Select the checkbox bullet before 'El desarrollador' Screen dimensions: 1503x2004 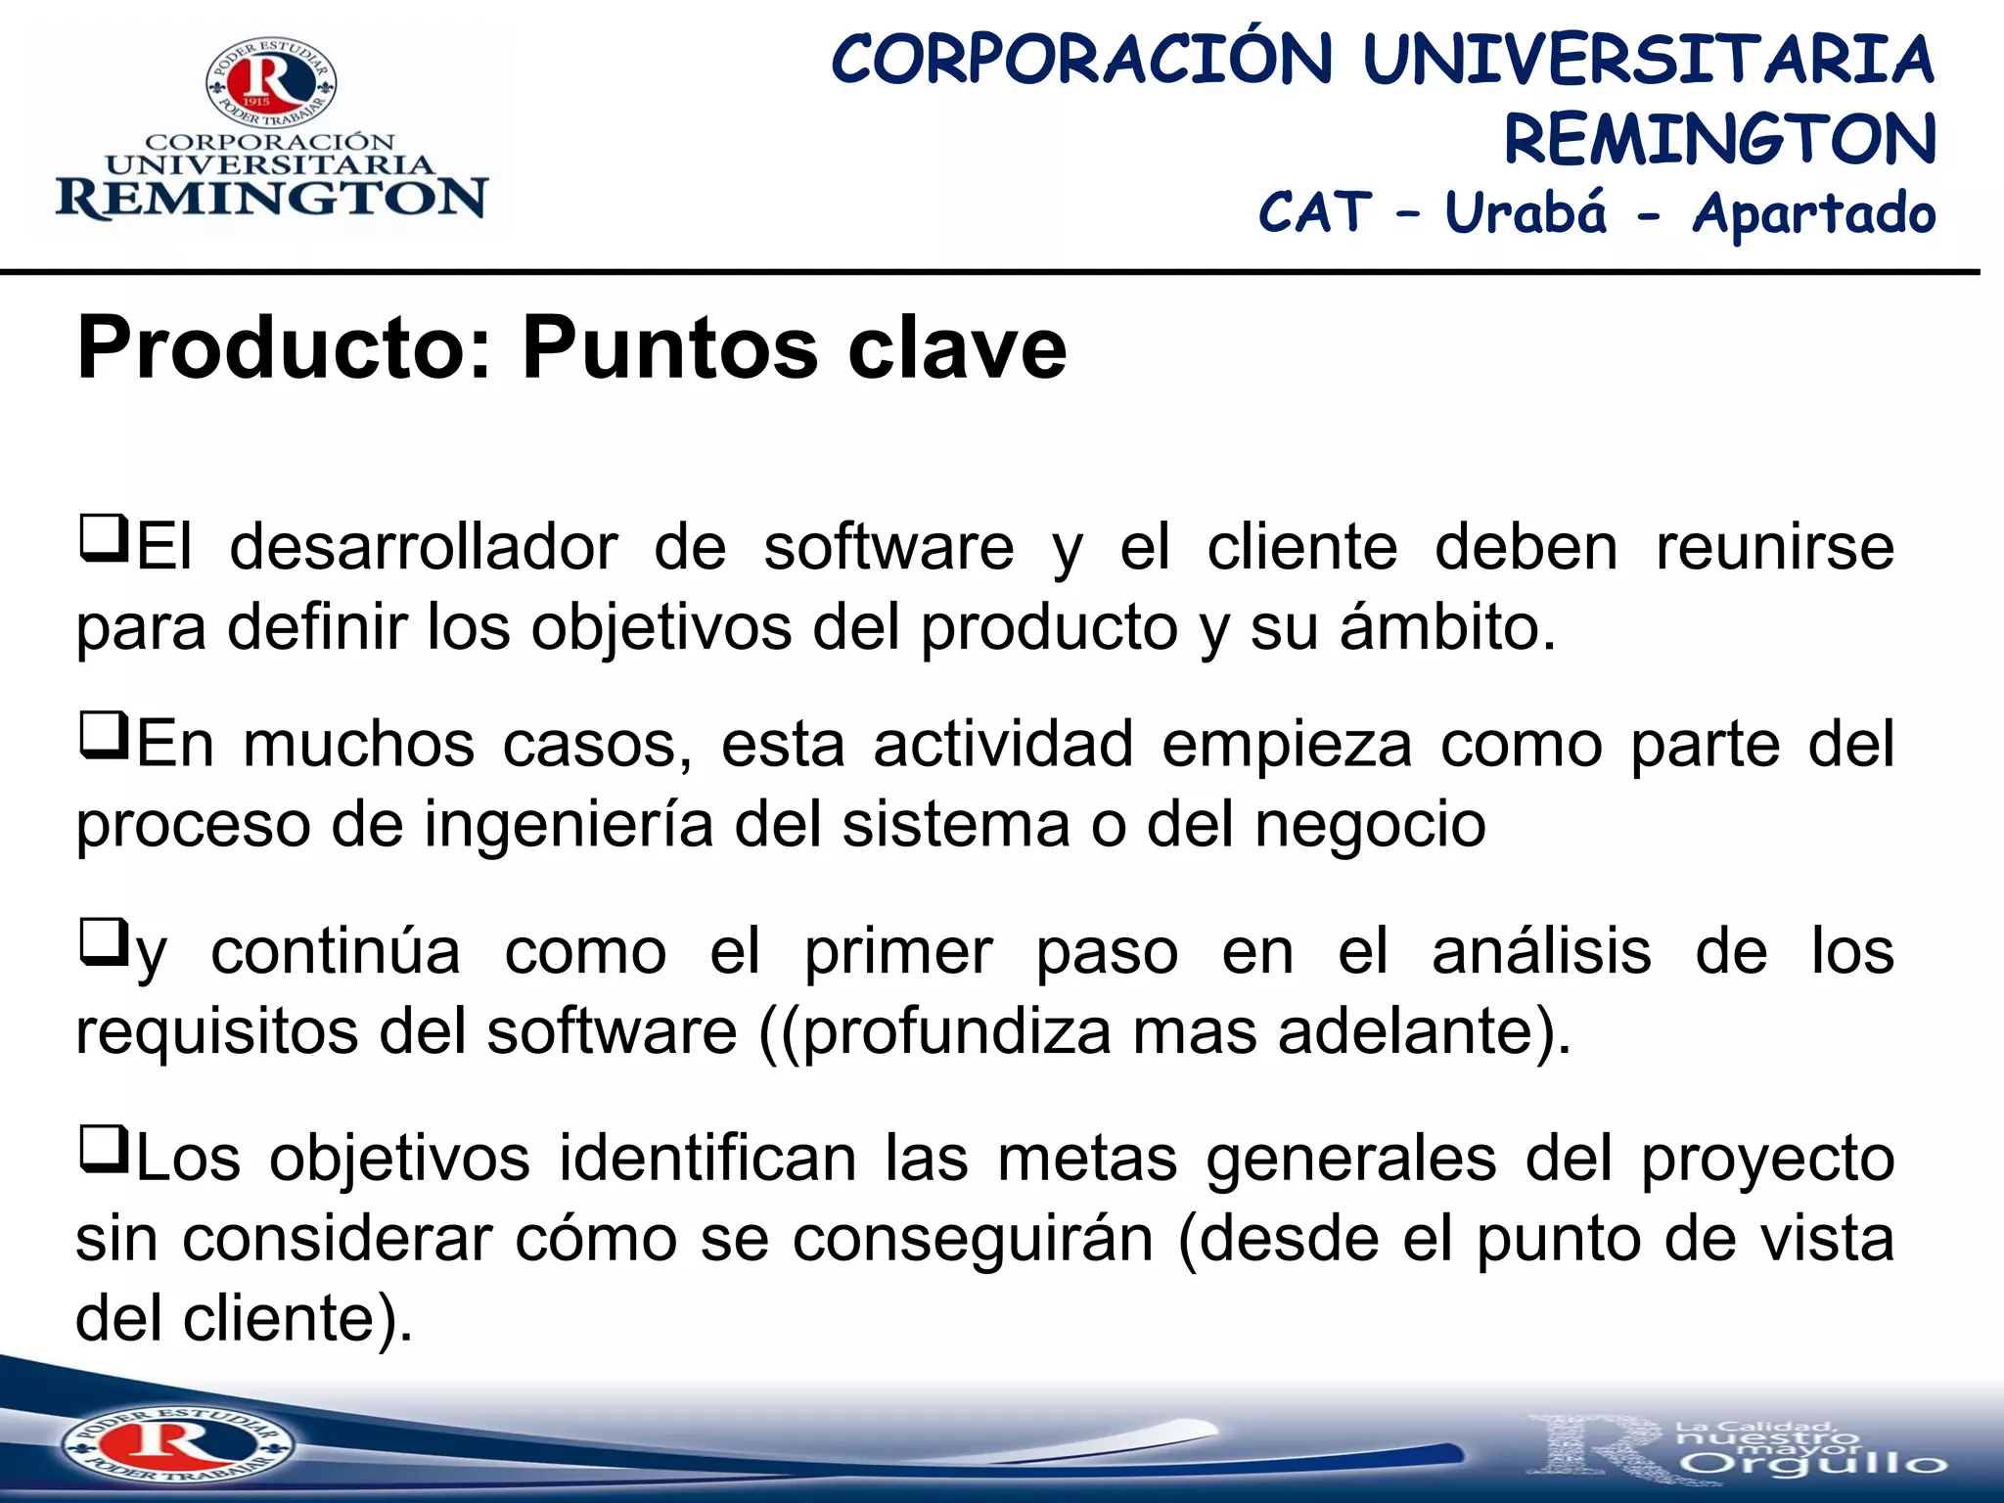coord(103,539)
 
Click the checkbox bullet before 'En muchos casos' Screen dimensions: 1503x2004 coord(103,736)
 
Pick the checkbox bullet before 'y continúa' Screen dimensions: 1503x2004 coord(103,942)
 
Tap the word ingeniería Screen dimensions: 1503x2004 coord(568,824)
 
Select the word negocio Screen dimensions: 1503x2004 coord(1370,824)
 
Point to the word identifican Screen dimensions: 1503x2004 coord(707,1159)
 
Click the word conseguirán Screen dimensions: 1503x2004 coord(973,1239)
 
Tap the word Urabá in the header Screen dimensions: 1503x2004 coord(1525,212)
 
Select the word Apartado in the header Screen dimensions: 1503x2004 coord(1813,214)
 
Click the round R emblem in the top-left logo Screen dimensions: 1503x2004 coord(271,82)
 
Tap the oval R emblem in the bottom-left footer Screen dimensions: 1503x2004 coord(176,1443)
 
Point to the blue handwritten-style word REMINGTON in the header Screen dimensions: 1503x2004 coord(1719,139)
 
